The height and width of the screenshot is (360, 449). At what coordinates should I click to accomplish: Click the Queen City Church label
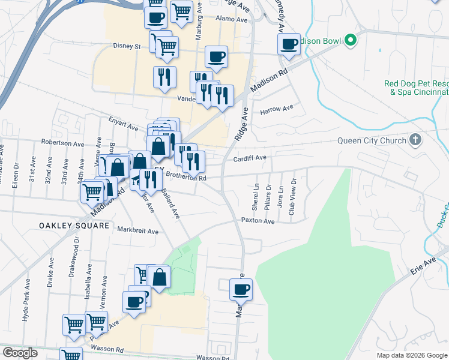point(373,142)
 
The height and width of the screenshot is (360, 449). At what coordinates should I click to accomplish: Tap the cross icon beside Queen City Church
point(414,141)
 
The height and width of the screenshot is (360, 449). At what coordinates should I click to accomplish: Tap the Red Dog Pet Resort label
point(417,88)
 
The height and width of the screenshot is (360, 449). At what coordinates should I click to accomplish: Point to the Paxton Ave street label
point(258,221)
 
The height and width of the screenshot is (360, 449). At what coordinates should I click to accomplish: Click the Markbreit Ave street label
point(137,230)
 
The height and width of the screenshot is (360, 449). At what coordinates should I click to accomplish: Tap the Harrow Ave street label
point(277,109)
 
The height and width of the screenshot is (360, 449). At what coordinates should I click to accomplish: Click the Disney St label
point(127,46)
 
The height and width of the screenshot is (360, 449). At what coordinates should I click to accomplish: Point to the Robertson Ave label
point(62,143)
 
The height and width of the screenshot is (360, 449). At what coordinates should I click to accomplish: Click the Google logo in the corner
point(20,353)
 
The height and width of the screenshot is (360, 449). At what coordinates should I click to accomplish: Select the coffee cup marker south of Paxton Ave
point(241,289)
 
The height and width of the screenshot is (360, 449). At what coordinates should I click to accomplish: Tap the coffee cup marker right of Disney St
point(216,57)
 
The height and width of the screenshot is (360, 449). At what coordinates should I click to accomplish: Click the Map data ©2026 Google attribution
point(411,355)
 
